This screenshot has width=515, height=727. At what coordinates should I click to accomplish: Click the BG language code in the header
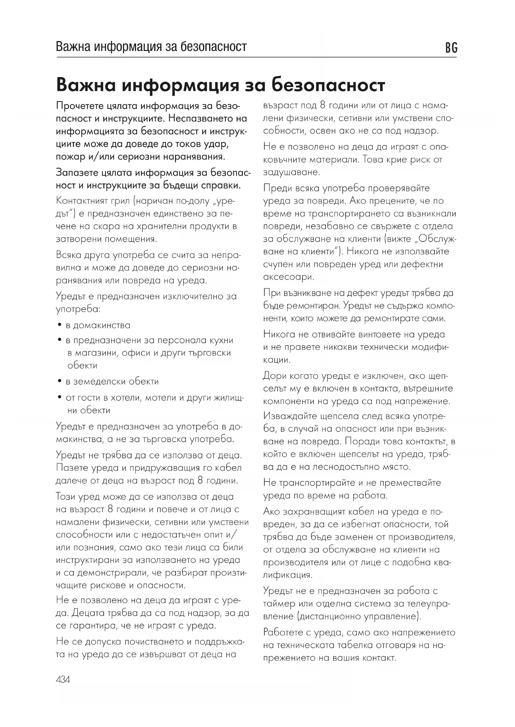coord(451,48)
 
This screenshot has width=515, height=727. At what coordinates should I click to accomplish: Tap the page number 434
coord(63,680)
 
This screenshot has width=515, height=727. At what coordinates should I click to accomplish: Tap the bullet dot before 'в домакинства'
coord(60,325)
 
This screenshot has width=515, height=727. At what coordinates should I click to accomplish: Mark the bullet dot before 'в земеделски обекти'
coord(60,381)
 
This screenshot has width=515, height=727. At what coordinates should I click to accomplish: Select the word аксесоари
coord(288,277)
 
